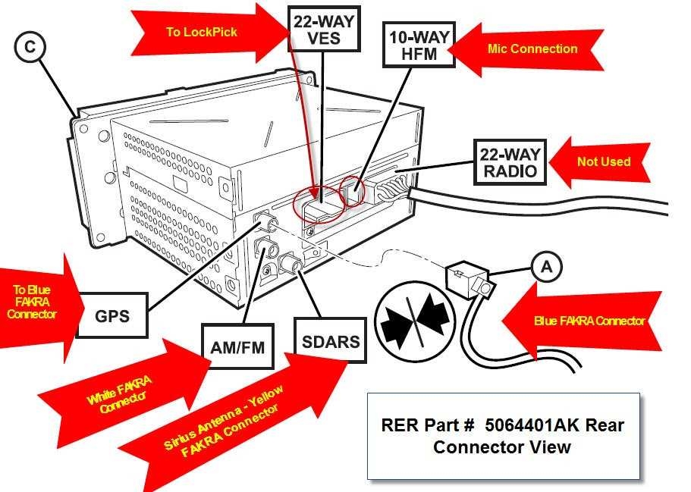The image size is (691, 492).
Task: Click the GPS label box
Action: (112, 315)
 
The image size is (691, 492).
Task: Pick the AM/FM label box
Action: (238, 346)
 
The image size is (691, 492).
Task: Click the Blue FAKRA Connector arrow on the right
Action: (584, 321)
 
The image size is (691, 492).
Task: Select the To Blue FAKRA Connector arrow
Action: (38, 303)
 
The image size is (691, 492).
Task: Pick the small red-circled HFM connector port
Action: (352, 191)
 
